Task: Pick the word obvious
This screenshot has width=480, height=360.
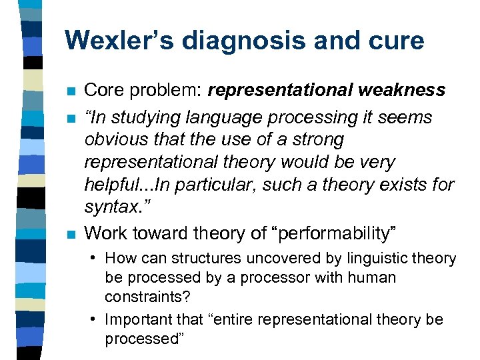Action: tap(112, 140)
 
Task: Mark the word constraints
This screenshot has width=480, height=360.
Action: tap(142, 297)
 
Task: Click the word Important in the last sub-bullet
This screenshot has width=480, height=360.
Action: tap(137, 319)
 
